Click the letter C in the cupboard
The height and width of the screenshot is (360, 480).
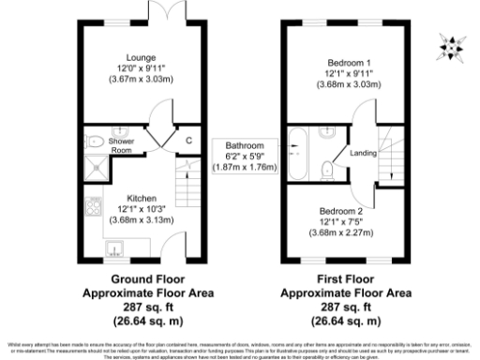[x=188, y=141]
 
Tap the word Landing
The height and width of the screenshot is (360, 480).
[x=363, y=154]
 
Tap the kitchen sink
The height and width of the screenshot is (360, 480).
[x=116, y=248]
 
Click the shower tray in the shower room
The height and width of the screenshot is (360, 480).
[x=95, y=170]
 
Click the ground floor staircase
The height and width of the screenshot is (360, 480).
[x=187, y=183]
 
